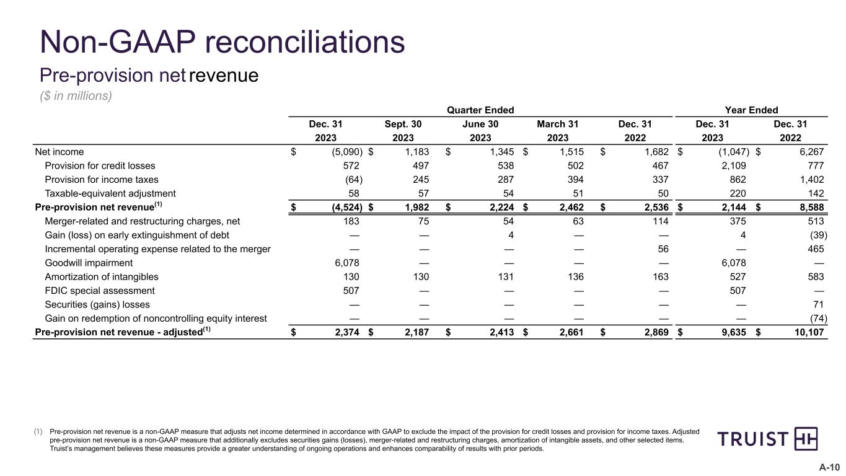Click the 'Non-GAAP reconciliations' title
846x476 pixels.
[223, 42]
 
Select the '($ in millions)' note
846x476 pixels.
[76, 97]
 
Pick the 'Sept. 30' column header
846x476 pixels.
[403, 124]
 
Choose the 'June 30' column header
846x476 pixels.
[480, 124]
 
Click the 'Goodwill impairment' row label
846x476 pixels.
[89, 263]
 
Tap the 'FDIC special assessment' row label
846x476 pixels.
[100, 291]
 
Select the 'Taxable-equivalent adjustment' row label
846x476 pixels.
[110, 193]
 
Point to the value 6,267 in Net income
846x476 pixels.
[811, 152]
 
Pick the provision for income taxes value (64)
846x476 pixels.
[353, 180]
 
